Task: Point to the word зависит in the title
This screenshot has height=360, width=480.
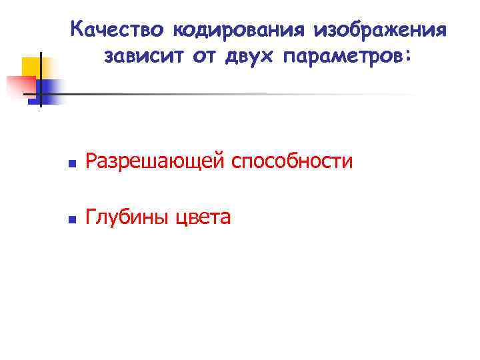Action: tap(143, 59)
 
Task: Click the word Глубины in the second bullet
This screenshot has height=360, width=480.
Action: tap(128, 217)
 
